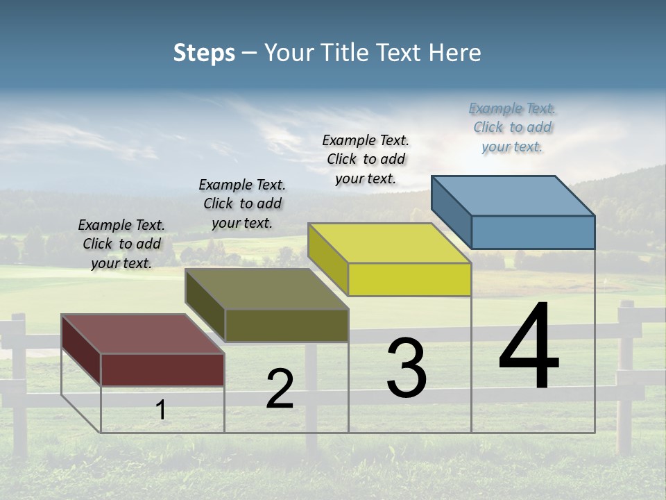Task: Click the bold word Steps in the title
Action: click(x=204, y=53)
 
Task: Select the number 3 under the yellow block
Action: click(x=407, y=368)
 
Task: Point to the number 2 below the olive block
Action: click(x=280, y=389)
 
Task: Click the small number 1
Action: click(x=161, y=410)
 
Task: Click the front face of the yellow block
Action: click(x=409, y=280)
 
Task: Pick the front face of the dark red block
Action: click(x=162, y=369)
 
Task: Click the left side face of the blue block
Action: click(x=451, y=210)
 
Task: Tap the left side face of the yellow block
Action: click(x=327, y=258)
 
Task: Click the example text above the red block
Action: click(x=121, y=244)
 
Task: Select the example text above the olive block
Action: click(x=242, y=203)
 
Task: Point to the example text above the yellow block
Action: click(x=366, y=159)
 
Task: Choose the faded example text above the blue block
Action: click(x=512, y=127)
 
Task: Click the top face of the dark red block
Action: click(x=142, y=334)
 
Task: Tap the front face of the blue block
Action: click(x=533, y=232)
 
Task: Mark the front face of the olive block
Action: click(x=287, y=325)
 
